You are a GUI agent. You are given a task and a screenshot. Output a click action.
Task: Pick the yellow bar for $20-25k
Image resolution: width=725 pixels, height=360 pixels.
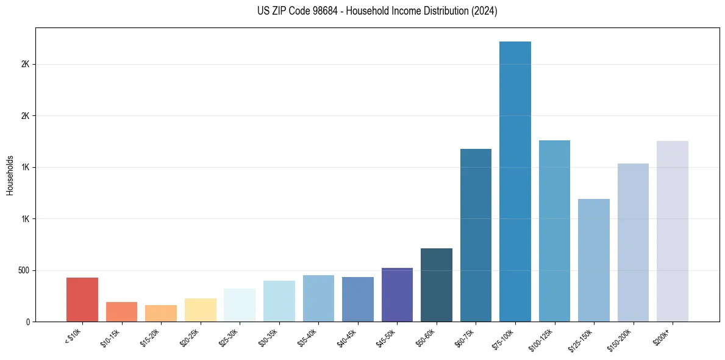pyautogui.click(x=201, y=310)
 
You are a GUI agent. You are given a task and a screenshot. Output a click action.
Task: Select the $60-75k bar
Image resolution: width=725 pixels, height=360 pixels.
pyautogui.click(x=476, y=235)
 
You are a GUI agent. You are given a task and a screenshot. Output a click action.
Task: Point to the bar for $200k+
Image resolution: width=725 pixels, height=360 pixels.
pyautogui.click(x=673, y=231)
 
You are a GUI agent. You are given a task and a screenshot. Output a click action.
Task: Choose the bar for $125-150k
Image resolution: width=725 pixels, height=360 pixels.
pyautogui.click(x=594, y=260)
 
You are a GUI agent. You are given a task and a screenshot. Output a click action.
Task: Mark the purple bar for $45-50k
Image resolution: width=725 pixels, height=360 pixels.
pyautogui.click(x=397, y=295)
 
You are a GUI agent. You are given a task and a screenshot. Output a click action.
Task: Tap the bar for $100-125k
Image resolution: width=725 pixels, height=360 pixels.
pyautogui.click(x=554, y=231)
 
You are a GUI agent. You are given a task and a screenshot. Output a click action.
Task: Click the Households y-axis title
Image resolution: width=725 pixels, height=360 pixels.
pyautogui.click(x=10, y=175)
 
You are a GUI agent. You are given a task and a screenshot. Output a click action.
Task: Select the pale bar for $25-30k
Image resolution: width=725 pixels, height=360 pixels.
pyautogui.click(x=240, y=305)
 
